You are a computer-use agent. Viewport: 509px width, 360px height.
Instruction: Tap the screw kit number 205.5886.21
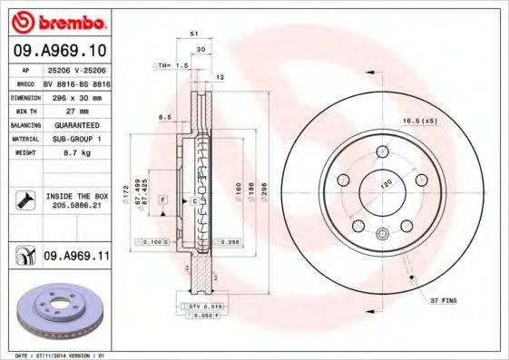click(75, 206)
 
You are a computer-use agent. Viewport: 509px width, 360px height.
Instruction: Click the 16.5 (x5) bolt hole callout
click(418, 119)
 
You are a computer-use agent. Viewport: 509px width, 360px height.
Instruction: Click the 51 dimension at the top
click(194, 34)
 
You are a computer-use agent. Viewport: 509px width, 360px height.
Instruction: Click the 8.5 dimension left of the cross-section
click(164, 117)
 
